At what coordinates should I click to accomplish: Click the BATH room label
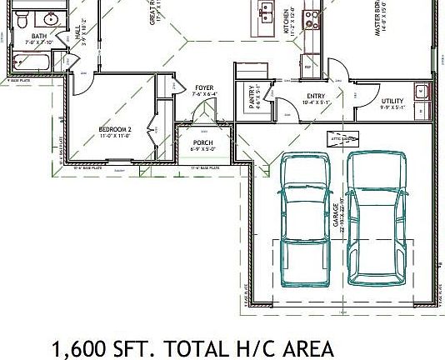(x=39, y=37)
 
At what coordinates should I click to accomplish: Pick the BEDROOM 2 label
(x=115, y=130)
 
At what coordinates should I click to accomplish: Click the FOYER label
(x=204, y=87)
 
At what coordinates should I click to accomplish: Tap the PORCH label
(x=202, y=143)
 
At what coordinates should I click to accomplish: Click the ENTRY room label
(x=316, y=96)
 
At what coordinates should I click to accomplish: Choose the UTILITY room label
(x=392, y=101)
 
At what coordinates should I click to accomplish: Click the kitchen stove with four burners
(x=312, y=14)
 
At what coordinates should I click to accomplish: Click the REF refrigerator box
(x=307, y=67)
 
